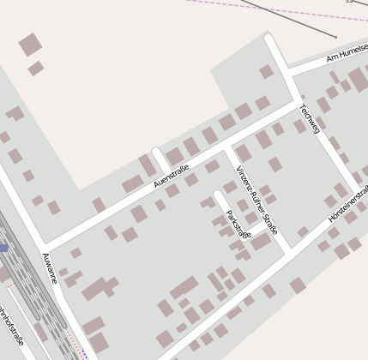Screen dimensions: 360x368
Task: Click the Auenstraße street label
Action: (171, 177)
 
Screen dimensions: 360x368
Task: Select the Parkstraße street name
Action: (237, 224)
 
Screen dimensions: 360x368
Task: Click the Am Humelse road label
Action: (347, 56)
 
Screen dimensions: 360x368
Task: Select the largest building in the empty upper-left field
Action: (30, 44)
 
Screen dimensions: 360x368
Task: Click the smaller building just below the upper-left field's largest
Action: (35, 69)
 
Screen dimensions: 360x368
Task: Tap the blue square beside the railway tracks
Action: (3, 248)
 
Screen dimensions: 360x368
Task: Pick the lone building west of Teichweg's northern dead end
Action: (266, 71)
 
